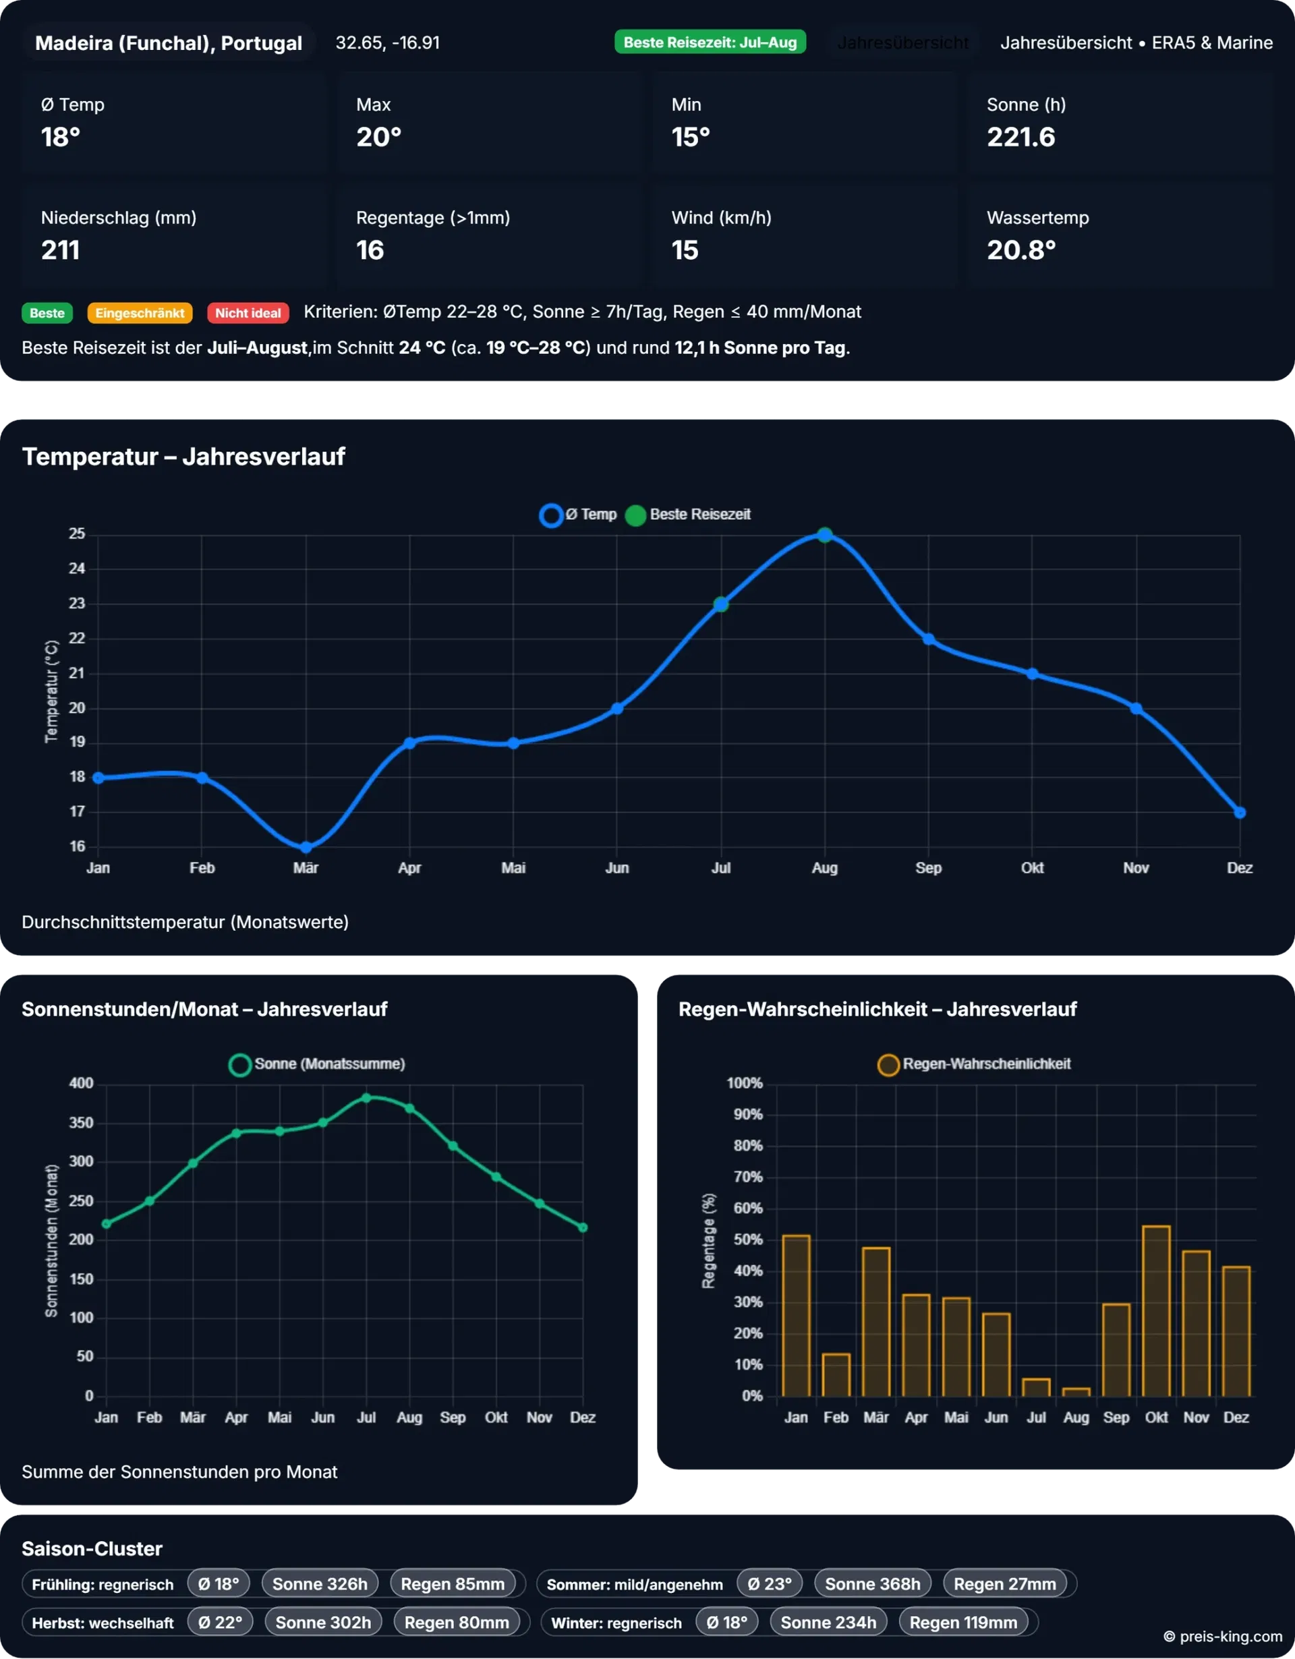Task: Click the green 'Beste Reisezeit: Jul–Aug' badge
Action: click(710, 42)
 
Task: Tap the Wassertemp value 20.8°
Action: click(1020, 250)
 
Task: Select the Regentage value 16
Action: click(370, 250)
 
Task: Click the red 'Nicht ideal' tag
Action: click(248, 313)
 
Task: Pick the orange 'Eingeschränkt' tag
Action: click(140, 313)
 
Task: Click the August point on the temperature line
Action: click(825, 535)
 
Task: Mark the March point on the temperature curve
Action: click(306, 847)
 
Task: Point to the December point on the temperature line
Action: click(1240, 812)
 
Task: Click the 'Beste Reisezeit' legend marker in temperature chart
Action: click(636, 515)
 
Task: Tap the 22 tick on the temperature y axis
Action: click(77, 638)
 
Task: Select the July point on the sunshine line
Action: click(366, 1098)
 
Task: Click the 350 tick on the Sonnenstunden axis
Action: click(81, 1123)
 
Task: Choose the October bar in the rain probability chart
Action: click(1156, 1311)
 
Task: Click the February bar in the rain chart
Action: click(836, 1375)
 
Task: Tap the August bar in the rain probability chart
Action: click(1076, 1392)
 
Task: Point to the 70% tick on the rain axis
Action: click(747, 1177)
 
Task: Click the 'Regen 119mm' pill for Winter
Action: click(963, 1623)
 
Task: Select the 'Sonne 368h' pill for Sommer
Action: click(873, 1583)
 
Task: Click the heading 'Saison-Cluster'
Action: click(92, 1548)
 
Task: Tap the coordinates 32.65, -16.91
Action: click(387, 42)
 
